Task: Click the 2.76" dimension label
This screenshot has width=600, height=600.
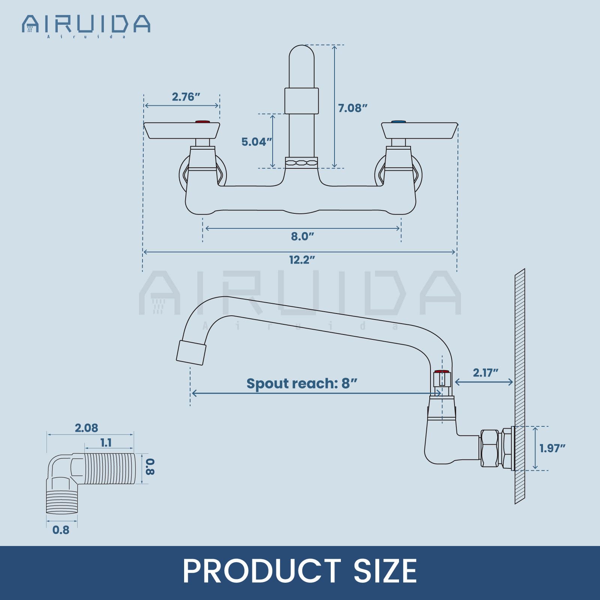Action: pyautogui.click(x=186, y=97)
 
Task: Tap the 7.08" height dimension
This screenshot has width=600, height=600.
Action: pyautogui.click(x=352, y=108)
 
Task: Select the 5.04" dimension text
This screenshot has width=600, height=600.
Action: pyautogui.click(x=256, y=142)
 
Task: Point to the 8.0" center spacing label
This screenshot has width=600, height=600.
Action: pyautogui.click(x=302, y=236)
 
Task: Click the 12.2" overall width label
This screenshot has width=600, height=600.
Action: pyautogui.click(x=301, y=259)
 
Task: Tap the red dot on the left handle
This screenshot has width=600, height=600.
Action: pyautogui.click(x=202, y=122)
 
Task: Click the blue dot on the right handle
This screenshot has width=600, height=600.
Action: pyautogui.click(x=398, y=122)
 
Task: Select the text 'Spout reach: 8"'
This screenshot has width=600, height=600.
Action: pyautogui.click(x=301, y=383)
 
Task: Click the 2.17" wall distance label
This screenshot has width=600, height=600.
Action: pyautogui.click(x=485, y=372)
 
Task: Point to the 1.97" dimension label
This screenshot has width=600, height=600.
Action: pyautogui.click(x=552, y=448)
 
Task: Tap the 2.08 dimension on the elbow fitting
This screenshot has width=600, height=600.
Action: pyautogui.click(x=86, y=428)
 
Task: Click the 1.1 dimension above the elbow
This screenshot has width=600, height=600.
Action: pyautogui.click(x=106, y=443)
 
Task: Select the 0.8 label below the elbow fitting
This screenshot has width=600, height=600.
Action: pyautogui.click(x=61, y=530)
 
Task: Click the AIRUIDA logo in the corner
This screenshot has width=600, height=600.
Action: pyautogui.click(x=86, y=25)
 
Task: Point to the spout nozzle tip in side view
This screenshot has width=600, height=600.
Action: pyautogui.click(x=191, y=352)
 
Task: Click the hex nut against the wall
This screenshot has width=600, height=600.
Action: pyautogui.click(x=490, y=448)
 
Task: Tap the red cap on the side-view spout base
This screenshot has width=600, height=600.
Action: pyautogui.click(x=441, y=372)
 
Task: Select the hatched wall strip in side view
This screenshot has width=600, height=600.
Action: pyautogui.click(x=520, y=386)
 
